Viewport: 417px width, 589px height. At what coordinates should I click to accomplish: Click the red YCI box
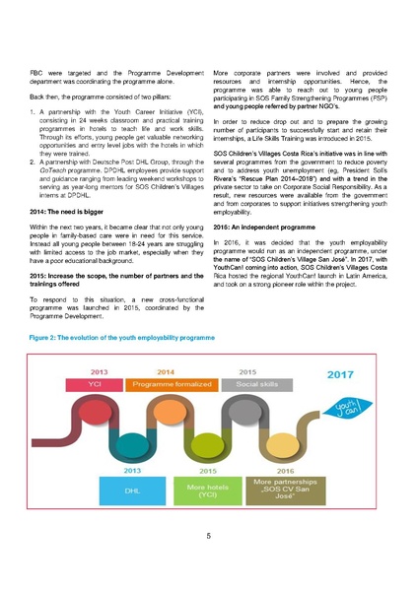coord(97,383)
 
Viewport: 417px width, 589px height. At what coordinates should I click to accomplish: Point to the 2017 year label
coord(340,375)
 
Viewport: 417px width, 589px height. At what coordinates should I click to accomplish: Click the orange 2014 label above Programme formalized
coord(167,371)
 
